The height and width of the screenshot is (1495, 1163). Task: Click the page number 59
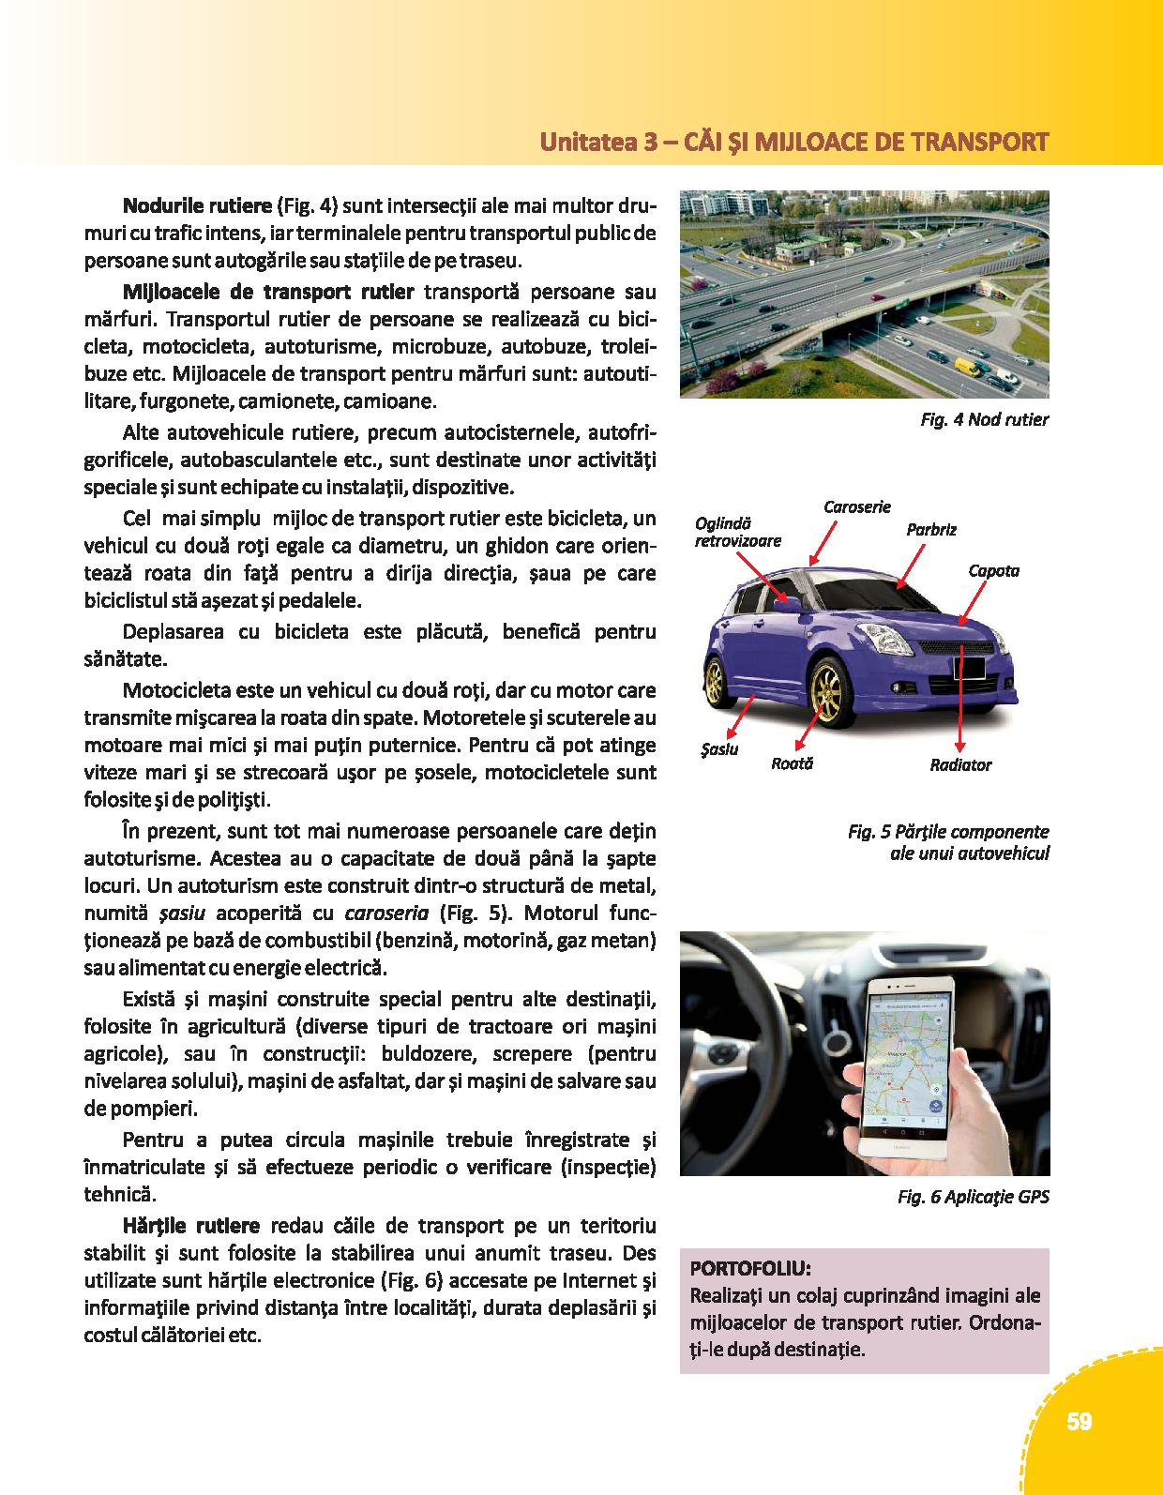pyautogui.click(x=1079, y=1422)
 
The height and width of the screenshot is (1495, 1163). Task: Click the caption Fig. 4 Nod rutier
pyautogui.click(x=984, y=419)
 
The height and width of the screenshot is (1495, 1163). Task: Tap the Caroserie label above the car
pyautogui.click(x=857, y=507)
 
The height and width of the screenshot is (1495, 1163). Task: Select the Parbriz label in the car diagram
pyautogui.click(x=931, y=530)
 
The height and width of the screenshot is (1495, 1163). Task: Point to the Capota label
pyautogui.click(x=993, y=570)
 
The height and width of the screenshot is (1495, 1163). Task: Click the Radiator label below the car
pyautogui.click(x=960, y=765)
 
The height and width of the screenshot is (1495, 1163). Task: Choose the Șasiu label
pyautogui.click(x=719, y=749)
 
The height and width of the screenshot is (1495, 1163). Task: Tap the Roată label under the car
pyautogui.click(x=792, y=763)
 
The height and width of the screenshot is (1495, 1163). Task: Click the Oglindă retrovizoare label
pyautogui.click(x=737, y=532)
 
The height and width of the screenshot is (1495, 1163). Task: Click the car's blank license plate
pyautogui.click(x=969, y=667)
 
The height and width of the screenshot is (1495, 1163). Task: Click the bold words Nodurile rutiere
pyautogui.click(x=197, y=204)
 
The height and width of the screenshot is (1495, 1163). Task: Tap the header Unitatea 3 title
pyautogui.click(x=793, y=143)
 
